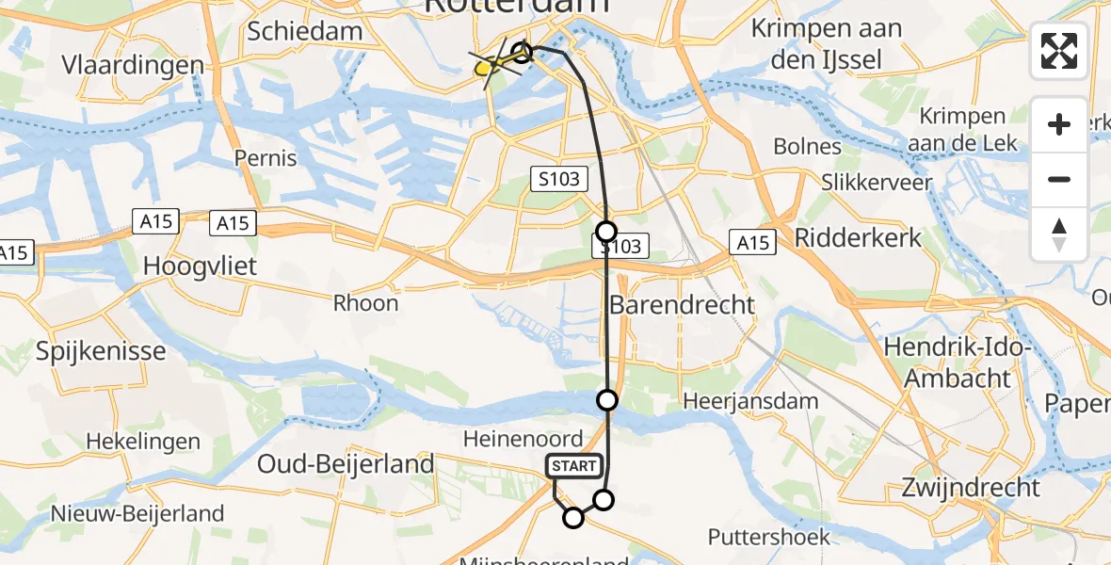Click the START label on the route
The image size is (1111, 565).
pyautogui.click(x=573, y=466)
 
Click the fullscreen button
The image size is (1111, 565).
pyautogui.click(x=1059, y=51)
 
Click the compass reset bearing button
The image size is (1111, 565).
pyautogui.click(x=1059, y=234)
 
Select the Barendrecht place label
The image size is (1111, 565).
pyautogui.click(x=683, y=305)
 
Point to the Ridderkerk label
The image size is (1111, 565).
pyautogui.click(x=859, y=237)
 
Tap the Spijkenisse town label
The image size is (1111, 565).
pyautogui.click(x=101, y=351)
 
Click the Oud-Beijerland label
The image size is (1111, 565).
pyautogui.click(x=346, y=463)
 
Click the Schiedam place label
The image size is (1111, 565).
pyautogui.click(x=305, y=31)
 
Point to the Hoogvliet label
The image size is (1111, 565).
pyautogui.click(x=200, y=266)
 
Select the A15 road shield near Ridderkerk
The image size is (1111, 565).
pyautogui.click(x=752, y=244)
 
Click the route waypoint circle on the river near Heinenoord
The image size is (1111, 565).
pyautogui.click(x=608, y=400)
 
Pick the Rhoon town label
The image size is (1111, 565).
pyautogui.click(x=366, y=303)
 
